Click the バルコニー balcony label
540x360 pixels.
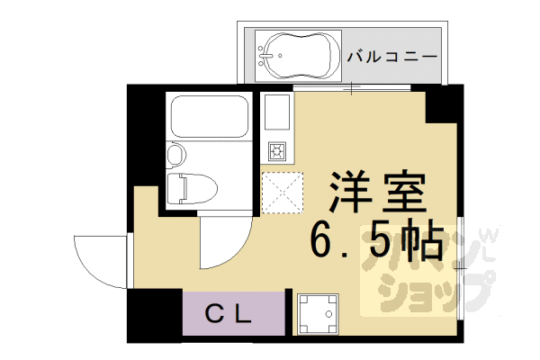coord(392,55)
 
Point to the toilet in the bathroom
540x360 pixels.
coord(193,188)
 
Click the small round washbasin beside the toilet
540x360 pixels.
coord(176,154)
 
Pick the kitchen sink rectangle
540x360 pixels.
coord(275,115)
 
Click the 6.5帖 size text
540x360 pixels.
coord(375,239)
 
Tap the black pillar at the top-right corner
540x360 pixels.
coord(444,103)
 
